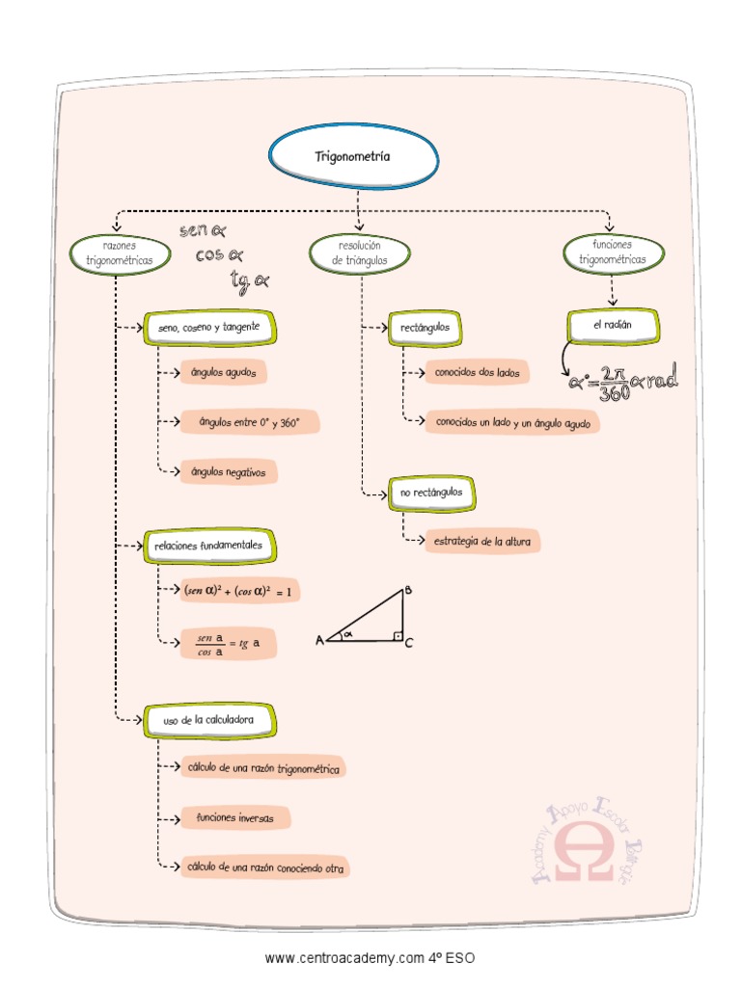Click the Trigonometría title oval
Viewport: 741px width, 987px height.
point(353,156)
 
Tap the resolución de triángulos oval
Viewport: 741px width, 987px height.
point(359,253)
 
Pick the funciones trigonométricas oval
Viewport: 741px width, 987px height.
point(613,253)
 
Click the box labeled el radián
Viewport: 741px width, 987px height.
point(613,326)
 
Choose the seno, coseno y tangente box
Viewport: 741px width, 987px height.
point(209,328)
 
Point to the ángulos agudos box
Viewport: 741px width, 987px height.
point(223,372)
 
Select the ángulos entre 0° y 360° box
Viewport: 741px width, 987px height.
point(249,422)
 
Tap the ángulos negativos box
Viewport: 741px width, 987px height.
point(229,471)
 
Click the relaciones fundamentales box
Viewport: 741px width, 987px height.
point(208,546)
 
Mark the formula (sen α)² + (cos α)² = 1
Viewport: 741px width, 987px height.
point(239,590)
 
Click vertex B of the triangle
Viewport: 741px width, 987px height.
point(407,591)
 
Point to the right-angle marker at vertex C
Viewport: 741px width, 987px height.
point(396,635)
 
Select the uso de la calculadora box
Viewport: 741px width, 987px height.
point(208,720)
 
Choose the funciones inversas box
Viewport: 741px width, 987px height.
point(234,818)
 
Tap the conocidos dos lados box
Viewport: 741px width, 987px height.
point(477,372)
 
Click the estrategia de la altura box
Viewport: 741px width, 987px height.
point(482,542)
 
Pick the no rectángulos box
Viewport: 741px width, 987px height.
point(431,493)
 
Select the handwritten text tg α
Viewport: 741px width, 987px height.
point(249,281)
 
